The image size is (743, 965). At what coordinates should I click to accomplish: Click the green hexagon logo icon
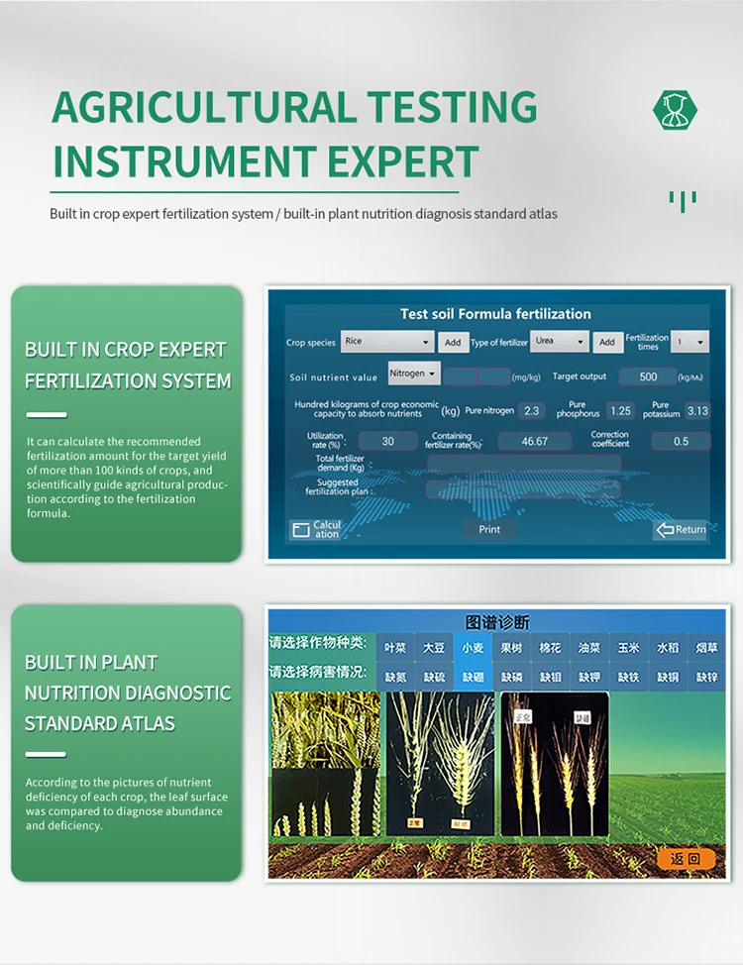(x=676, y=110)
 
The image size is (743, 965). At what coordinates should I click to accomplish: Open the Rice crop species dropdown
(x=387, y=342)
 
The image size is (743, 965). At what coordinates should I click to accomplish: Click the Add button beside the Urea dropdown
(x=607, y=342)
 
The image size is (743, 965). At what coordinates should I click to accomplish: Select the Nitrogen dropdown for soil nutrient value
(x=413, y=374)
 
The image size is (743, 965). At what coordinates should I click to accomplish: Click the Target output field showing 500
(x=648, y=376)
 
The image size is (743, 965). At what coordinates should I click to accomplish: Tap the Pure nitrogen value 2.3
(x=532, y=410)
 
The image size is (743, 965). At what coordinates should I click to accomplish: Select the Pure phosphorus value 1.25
(x=620, y=410)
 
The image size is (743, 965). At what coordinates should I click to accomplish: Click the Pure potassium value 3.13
(x=696, y=410)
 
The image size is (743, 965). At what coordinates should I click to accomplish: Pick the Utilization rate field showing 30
(x=387, y=441)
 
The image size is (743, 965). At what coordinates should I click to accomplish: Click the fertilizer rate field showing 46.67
(x=534, y=441)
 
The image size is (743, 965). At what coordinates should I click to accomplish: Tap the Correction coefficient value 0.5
(x=681, y=441)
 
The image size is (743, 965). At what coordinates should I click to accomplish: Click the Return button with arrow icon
(x=680, y=529)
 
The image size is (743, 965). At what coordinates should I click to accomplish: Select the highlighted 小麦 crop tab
(x=473, y=648)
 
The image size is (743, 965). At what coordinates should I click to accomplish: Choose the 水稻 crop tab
(x=668, y=648)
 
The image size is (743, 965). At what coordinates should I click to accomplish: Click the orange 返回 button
(x=686, y=859)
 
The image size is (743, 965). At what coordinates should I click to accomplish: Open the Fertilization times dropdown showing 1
(x=690, y=342)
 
